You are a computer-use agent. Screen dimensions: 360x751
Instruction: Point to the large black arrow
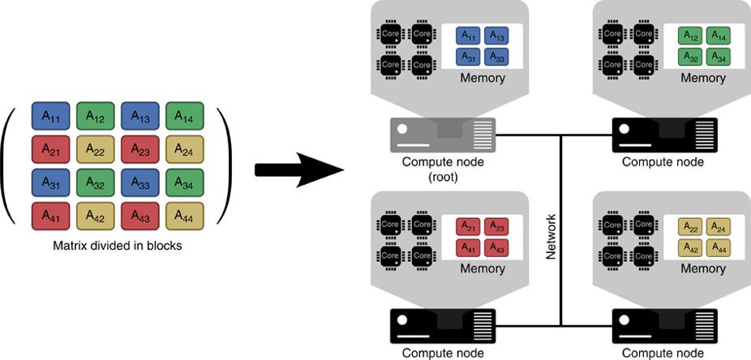tap(296, 169)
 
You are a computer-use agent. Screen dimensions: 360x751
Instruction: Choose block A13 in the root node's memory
tap(496, 36)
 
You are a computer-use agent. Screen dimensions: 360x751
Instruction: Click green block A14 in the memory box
tap(717, 36)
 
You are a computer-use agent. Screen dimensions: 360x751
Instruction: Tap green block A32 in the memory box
tap(689, 57)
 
